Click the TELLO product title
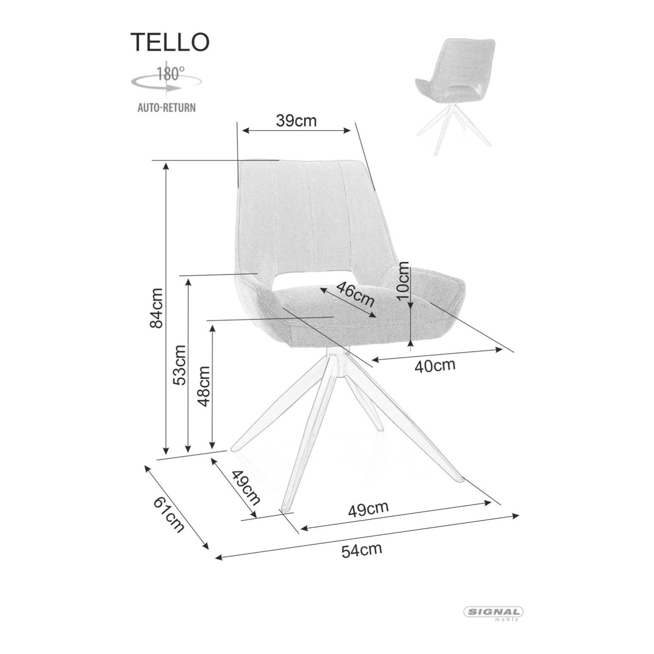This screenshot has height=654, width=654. click(x=170, y=42)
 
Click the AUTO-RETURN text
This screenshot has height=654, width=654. click(x=167, y=107)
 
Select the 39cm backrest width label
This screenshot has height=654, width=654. click(x=296, y=121)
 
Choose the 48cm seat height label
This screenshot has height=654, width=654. click(x=203, y=386)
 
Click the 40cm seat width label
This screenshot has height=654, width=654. click(x=435, y=366)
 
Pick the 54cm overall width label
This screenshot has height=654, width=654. click(x=361, y=550)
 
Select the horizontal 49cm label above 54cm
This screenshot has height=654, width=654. click(x=368, y=509)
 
